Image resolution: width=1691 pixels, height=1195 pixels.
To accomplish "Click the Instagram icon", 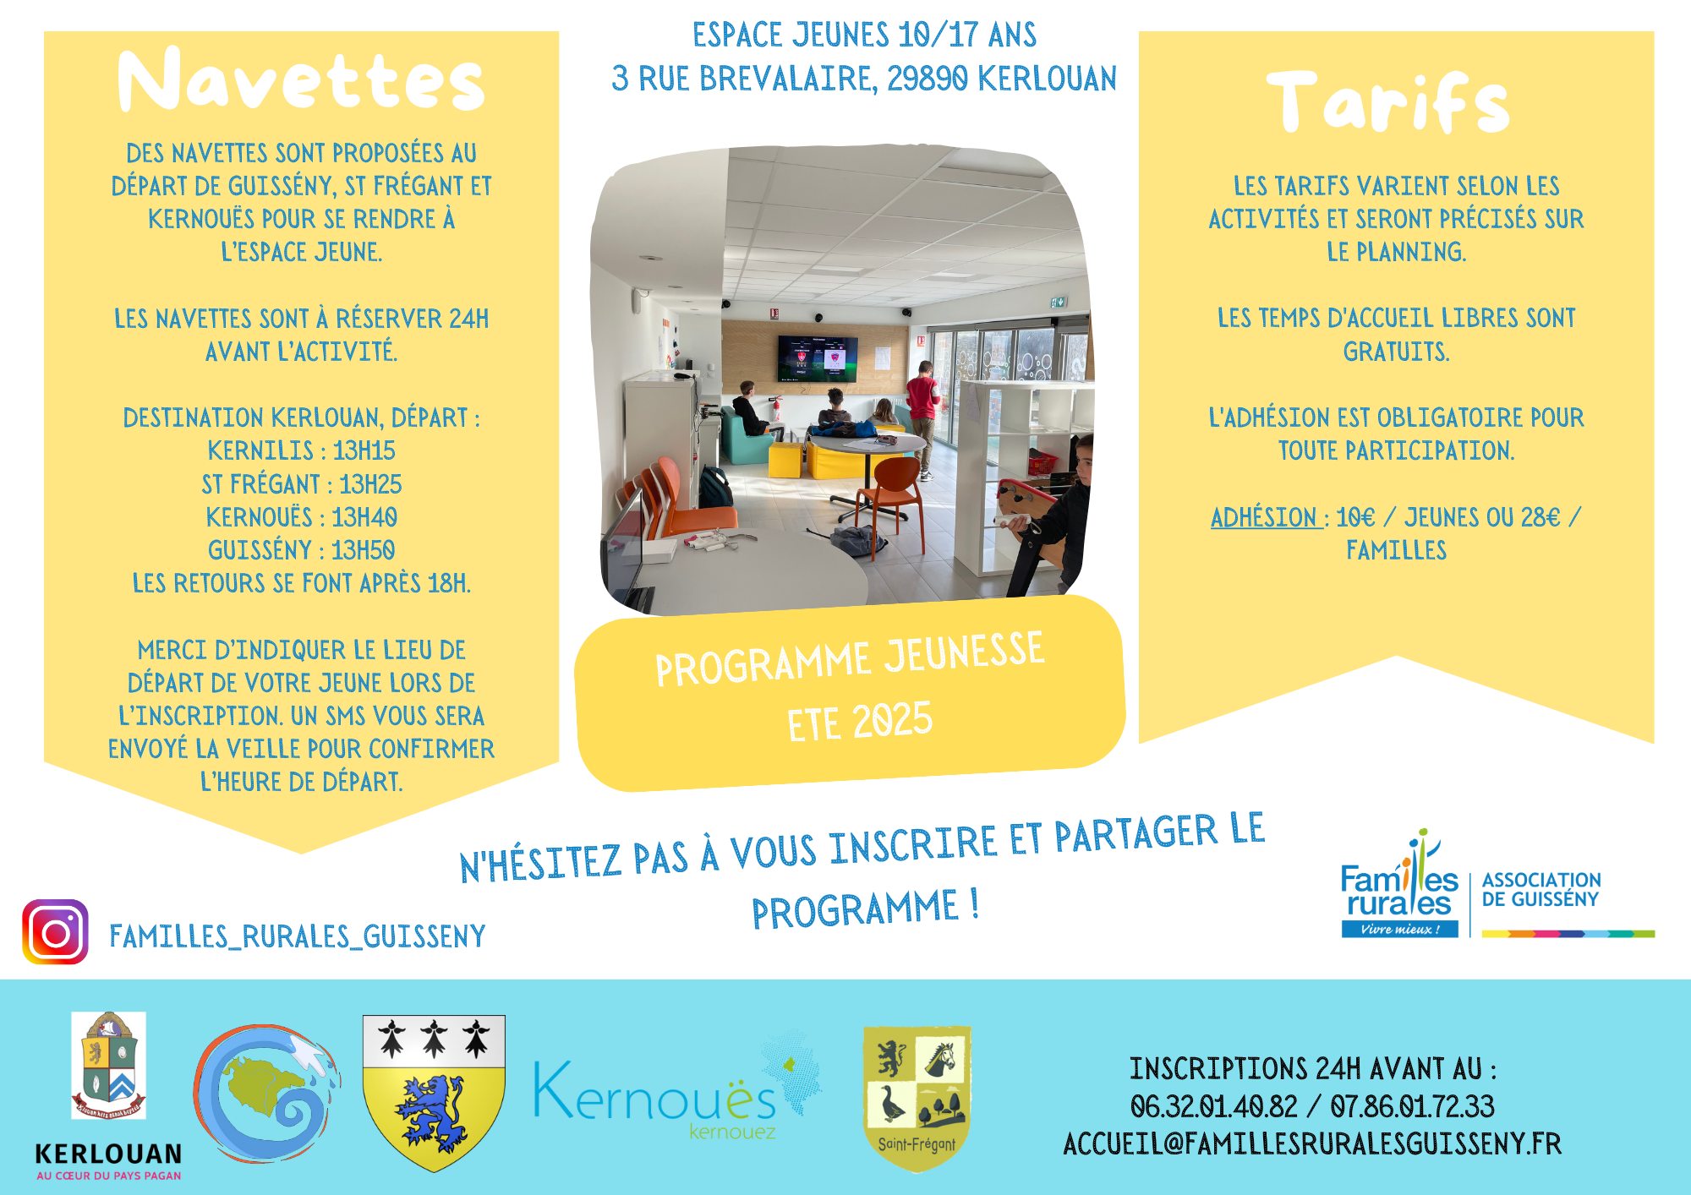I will (55, 932).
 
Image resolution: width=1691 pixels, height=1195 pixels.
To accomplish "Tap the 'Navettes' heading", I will (301, 80).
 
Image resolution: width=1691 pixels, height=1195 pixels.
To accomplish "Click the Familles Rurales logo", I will (1399, 892).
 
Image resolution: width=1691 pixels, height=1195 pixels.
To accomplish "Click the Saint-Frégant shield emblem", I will (917, 1097).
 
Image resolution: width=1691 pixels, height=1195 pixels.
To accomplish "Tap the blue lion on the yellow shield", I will (434, 1111).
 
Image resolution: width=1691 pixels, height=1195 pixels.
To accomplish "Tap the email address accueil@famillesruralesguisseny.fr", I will (1312, 1143).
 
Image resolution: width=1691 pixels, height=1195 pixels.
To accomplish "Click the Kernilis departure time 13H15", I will (364, 450).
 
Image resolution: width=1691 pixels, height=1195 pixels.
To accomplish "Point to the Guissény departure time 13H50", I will (364, 550).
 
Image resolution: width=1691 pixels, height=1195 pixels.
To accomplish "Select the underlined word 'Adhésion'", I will (1264, 517).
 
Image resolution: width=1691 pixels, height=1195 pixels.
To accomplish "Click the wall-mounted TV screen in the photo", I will (818, 358).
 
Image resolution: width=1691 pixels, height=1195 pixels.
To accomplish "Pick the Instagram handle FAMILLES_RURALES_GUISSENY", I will (298, 936).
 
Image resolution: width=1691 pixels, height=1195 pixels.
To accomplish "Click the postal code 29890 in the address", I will (928, 79).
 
